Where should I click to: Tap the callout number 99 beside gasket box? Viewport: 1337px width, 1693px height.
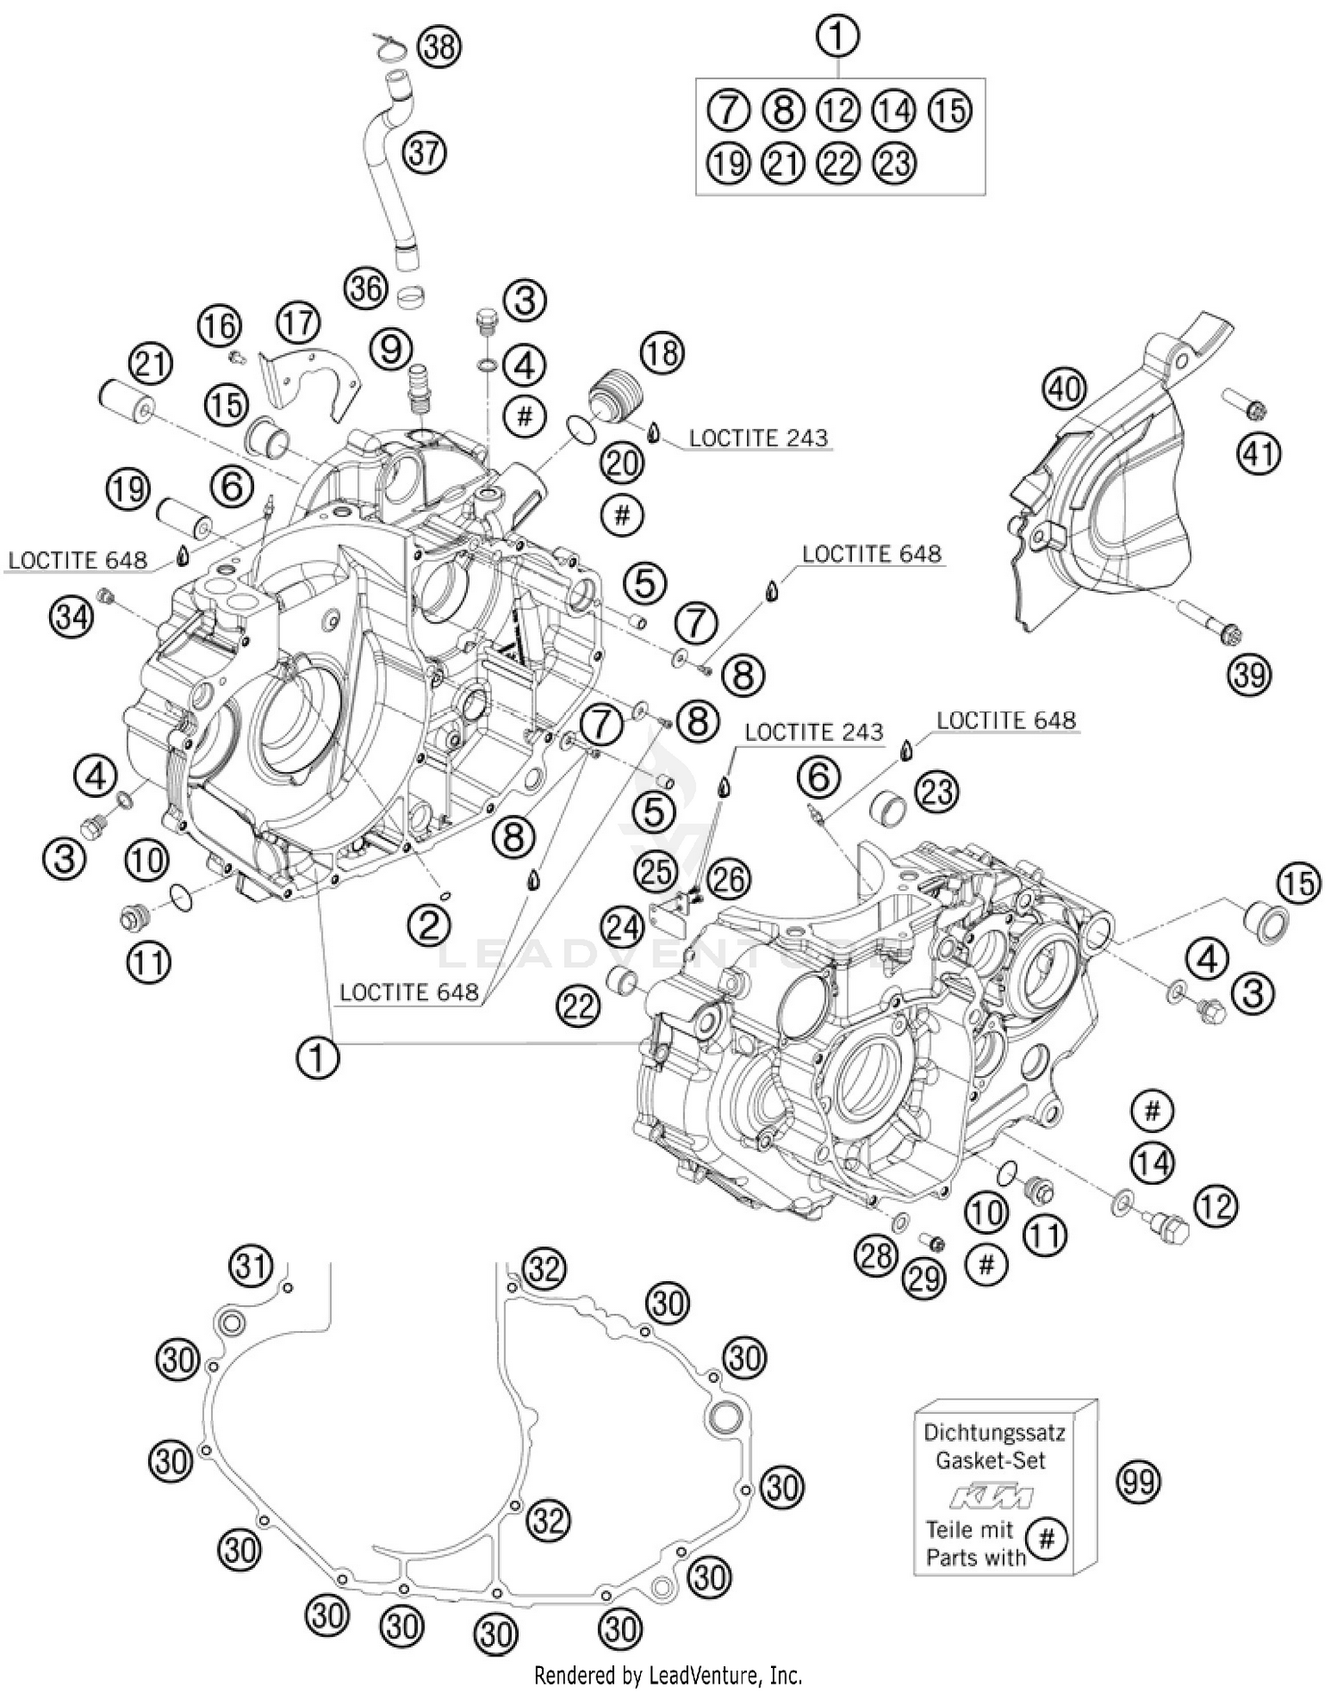(x=1138, y=1482)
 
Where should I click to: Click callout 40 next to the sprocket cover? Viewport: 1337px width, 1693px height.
(x=1065, y=389)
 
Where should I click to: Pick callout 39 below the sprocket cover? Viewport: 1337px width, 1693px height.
(x=1249, y=675)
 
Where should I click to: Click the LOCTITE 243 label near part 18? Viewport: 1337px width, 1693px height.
(x=758, y=438)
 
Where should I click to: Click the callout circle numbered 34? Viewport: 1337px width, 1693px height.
(x=71, y=615)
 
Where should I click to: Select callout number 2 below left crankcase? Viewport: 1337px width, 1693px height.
(x=430, y=926)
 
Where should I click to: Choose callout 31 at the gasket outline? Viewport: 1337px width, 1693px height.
(x=251, y=1266)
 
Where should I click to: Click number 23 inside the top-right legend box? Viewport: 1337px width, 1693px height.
(x=894, y=163)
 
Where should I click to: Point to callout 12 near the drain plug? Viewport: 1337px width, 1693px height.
(x=1215, y=1206)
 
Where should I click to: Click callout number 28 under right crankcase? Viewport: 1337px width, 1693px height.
(x=875, y=1255)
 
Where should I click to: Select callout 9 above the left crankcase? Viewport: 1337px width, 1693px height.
(x=392, y=349)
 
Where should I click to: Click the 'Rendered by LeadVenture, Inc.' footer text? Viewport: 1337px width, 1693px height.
(x=668, y=1674)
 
